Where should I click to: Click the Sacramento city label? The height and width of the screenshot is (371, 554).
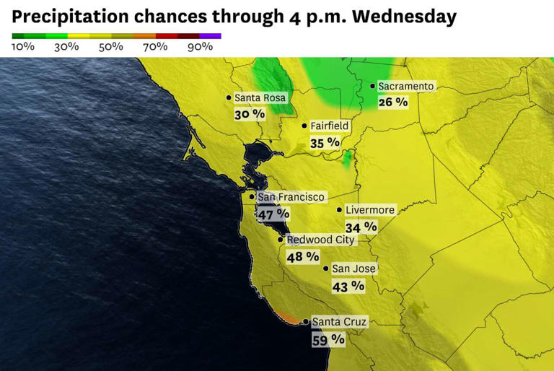coord(406,87)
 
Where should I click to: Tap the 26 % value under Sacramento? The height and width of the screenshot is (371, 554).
coord(393,102)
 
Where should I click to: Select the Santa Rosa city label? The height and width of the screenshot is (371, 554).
coord(260,98)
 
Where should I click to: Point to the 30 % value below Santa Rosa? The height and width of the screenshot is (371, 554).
coord(250,114)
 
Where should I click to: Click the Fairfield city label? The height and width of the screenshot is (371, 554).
coord(330,126)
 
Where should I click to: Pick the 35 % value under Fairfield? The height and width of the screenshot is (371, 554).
coord(325,142)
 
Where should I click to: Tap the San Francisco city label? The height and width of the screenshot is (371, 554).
coord(291,196)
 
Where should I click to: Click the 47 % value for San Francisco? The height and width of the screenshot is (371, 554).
coord(273,214)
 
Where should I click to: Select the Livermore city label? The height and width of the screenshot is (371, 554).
coord(370,210)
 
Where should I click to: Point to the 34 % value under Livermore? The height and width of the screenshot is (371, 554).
coord(361,227)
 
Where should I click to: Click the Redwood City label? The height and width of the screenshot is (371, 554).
coord(320,240)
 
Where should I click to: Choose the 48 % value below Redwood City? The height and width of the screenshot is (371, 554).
coord(303,256)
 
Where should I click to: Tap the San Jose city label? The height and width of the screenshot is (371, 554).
coord(353,269)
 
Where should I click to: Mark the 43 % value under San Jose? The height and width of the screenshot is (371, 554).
coord(348,286)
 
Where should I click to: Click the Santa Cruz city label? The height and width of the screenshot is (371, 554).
coord(339,322)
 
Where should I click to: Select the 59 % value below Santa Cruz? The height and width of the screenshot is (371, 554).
coord(328,339)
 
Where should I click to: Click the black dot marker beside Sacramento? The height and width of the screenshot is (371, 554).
coord(372,87)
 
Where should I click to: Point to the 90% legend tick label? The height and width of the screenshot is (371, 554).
coord(200,47)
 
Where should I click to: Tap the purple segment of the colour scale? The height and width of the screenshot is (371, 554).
coord(210,35)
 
